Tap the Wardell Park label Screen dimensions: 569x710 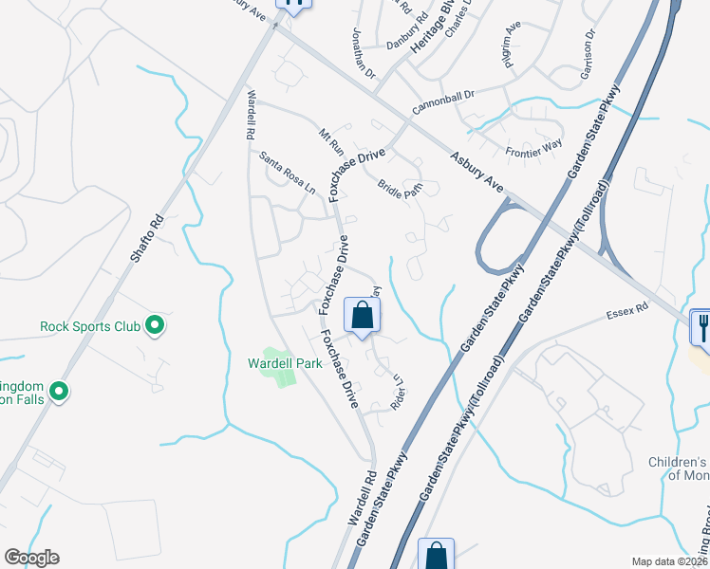(286, 362)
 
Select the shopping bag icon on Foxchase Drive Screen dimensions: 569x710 (363, 316)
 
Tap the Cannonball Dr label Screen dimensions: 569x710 (442, 103)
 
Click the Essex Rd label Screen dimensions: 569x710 (628, 309)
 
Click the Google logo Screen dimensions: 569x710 (31, 558)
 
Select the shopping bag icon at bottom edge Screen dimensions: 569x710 (436, 554)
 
